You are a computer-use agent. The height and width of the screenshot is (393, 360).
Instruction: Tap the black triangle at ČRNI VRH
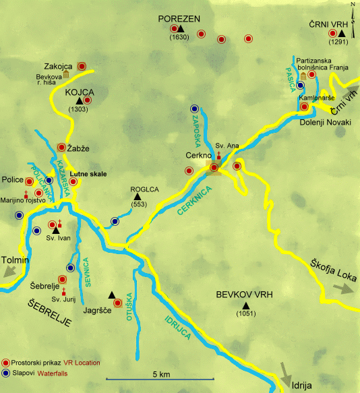342,34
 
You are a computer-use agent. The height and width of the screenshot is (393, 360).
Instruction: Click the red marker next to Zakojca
82,66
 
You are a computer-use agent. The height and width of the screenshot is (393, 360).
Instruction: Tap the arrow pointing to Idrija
287,372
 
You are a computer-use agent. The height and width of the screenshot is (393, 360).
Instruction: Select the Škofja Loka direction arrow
342,288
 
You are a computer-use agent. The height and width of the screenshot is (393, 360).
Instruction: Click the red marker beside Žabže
62,147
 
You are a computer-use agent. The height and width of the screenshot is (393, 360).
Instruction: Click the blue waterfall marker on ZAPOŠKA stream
194,109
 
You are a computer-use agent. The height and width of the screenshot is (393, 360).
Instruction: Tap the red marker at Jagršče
117,303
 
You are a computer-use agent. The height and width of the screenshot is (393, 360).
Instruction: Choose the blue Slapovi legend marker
6,372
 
